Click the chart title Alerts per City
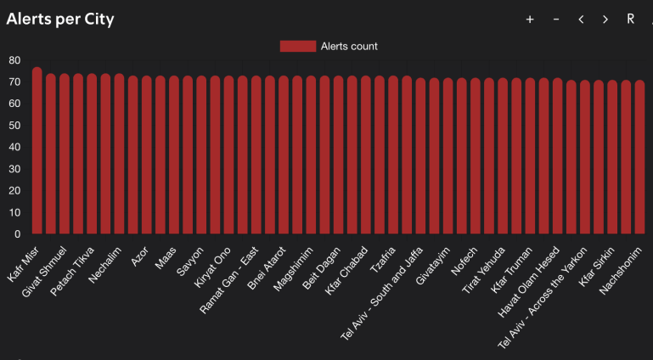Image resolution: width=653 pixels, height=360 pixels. [60, 19]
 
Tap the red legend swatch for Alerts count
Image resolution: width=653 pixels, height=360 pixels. [297, 46]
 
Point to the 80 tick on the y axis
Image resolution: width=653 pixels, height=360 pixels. [14, 60]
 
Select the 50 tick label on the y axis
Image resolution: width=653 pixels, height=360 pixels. [14, 126]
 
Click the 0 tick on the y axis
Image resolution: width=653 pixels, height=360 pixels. [17, 233]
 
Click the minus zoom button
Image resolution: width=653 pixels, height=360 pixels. [556, 20]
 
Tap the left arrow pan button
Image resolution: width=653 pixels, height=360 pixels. [581, 20]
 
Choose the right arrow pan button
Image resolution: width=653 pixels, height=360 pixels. [605, 20]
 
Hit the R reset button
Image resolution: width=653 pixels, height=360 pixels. [630, 20]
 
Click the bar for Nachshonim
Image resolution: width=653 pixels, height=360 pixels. [639, 157]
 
